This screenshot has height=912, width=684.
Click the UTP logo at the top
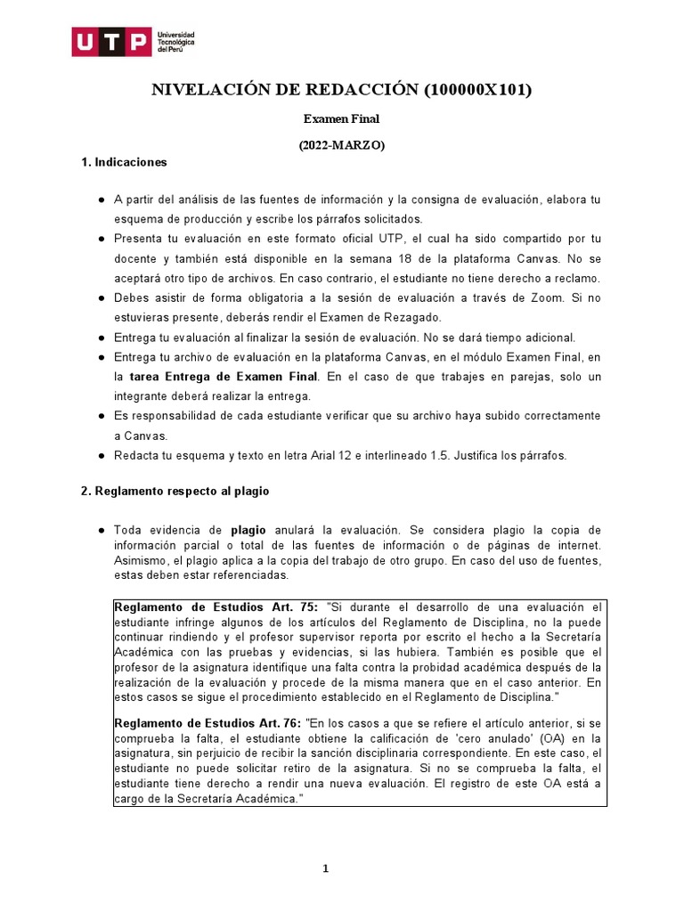pyautogui.click(x=134, y=41)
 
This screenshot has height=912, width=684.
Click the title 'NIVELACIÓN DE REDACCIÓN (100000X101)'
pyautogui.click(x=342, y=89)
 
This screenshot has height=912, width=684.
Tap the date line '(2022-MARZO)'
pyautogui.click(x=342, y=146)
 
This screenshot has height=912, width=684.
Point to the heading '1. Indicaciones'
pyautogui.click(x=124, y=163)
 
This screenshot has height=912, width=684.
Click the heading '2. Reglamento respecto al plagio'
pyautogui.click(x=175, y=491)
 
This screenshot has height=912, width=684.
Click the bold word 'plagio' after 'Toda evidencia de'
pyautogui.click(x=248, y=530)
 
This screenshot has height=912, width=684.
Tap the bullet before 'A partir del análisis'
pyautogui.click(x=102, y=199)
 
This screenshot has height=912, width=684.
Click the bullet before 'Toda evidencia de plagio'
pyautogui.click(x=102, y=530)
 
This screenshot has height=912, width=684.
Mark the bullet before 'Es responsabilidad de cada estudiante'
pyautogui.click(x=102, y=416)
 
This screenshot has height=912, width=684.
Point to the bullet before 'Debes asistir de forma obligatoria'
pyautogui.click(x=102, y=298)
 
